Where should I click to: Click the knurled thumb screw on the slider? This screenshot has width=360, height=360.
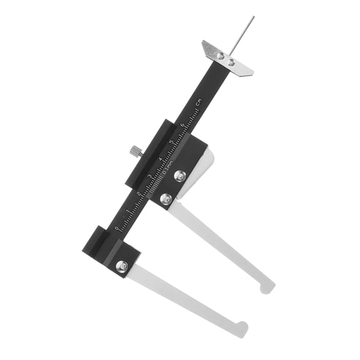pos(134,151)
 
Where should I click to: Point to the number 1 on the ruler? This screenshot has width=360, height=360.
pos(127,211)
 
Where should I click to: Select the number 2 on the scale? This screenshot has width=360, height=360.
pos(138,193)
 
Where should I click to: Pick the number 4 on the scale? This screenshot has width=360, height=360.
pos(160,159)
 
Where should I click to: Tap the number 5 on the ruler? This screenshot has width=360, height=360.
pos(171,142)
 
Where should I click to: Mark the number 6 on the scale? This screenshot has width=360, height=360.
pos(181,125)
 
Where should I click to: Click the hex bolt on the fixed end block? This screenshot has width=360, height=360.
pos(122,266)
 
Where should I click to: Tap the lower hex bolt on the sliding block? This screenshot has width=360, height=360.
pos(166,199)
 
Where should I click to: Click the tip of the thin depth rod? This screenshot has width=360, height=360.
pos(253,17)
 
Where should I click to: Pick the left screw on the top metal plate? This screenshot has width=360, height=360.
pos(221,56)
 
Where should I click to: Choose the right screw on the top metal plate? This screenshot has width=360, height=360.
pos(231,62)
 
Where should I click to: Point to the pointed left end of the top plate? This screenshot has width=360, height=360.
pos(204,43)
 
